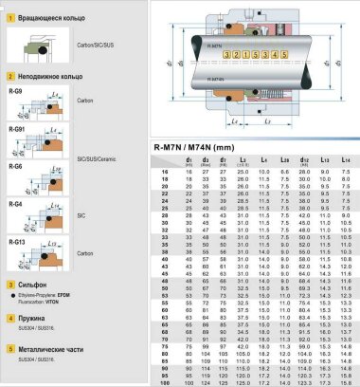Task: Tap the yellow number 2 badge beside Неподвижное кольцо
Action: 9,72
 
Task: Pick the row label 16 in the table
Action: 166,171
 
